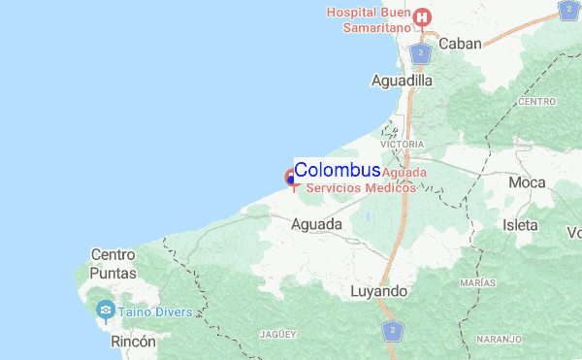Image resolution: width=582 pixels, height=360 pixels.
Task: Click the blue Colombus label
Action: coord(337,170)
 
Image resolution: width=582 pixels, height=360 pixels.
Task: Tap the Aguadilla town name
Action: coord(402,82)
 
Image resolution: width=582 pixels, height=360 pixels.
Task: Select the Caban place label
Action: coord(461,44)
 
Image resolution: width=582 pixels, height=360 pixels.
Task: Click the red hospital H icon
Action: coord(422,16)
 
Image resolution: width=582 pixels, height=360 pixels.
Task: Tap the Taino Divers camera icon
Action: coord(106,311)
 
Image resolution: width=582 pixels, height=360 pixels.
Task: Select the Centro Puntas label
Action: coord(113,264)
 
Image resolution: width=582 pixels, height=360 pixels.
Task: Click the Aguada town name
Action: coord(316,224)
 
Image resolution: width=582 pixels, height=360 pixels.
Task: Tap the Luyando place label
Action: coord(379,291)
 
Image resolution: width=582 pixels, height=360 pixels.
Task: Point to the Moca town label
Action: coord(527,182)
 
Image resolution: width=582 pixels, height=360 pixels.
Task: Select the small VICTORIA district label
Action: coord(403,144)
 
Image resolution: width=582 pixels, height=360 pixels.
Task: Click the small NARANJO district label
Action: coord(499,340)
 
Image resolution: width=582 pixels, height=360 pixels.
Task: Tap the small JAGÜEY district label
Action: coord(276,334)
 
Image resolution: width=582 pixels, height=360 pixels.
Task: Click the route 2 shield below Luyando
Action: coord(392,332)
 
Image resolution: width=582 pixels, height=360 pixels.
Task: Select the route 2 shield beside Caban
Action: coord(420,52)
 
